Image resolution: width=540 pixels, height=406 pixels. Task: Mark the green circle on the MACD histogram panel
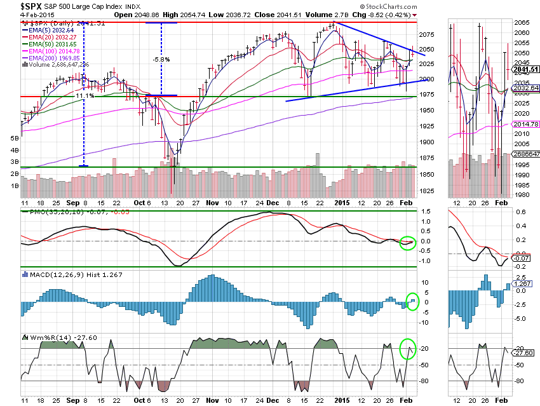pyautogui.click(x=412, y=301)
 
